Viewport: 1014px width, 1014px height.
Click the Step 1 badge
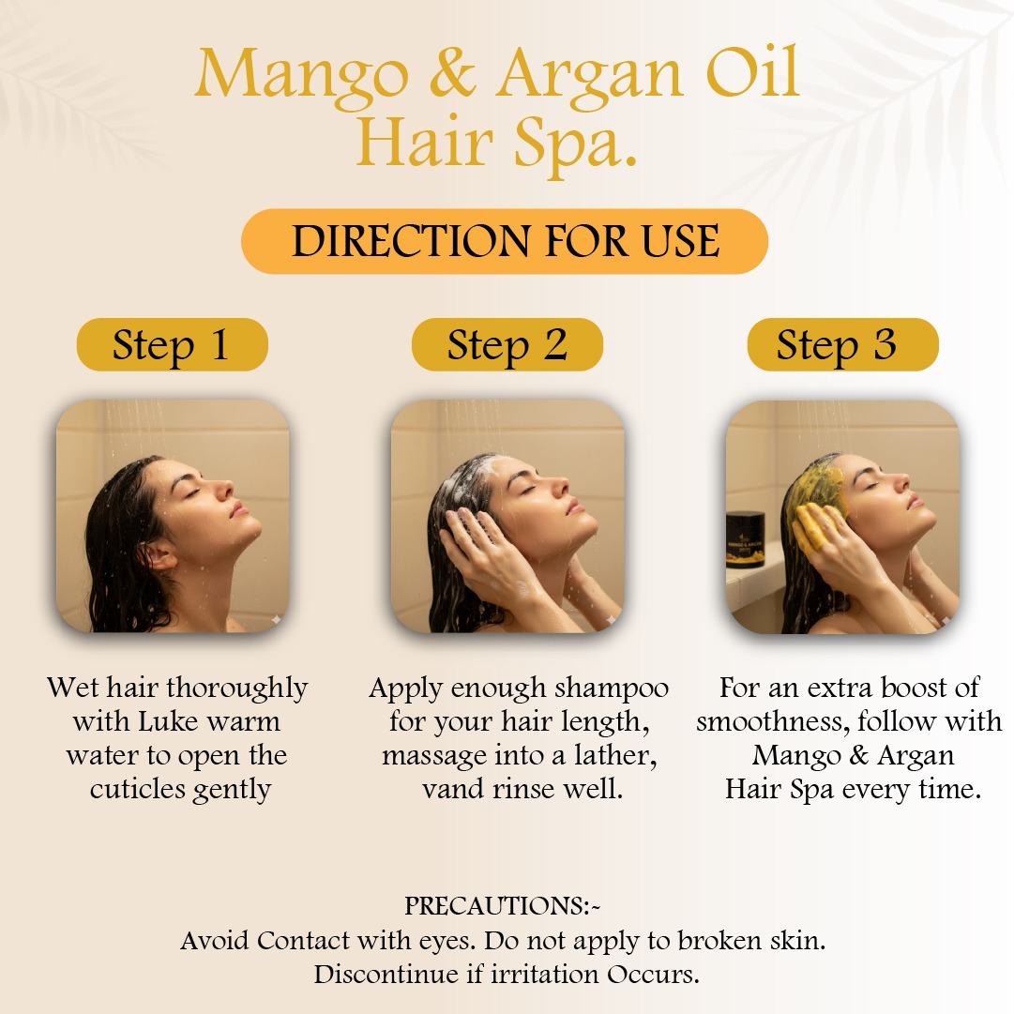click(172, 344)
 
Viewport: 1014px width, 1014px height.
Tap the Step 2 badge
click(507, 344)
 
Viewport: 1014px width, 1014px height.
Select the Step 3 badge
click(842, 344)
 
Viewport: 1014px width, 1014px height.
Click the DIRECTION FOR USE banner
click(505, 241)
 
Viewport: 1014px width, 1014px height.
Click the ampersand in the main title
click(452, 74)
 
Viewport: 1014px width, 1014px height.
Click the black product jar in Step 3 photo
click(746, 540)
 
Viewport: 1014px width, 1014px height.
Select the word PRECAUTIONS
click(494, 906)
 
